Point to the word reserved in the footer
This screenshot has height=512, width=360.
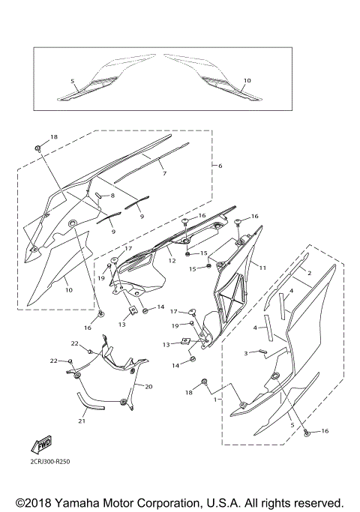(316, 502)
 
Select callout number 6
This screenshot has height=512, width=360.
(220, 165)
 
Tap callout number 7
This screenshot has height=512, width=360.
(163, 173)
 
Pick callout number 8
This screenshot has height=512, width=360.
(112, 196)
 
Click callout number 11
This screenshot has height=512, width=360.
(262, 266)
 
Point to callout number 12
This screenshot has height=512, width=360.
(172, 261)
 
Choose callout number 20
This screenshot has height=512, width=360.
(148, 387)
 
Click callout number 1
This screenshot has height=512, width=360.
(216, 400)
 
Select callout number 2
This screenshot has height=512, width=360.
(308, 274)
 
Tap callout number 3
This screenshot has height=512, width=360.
(244, 353)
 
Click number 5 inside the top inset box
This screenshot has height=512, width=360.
(73, 80)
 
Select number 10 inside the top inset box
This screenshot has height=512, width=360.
(247, 80)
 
